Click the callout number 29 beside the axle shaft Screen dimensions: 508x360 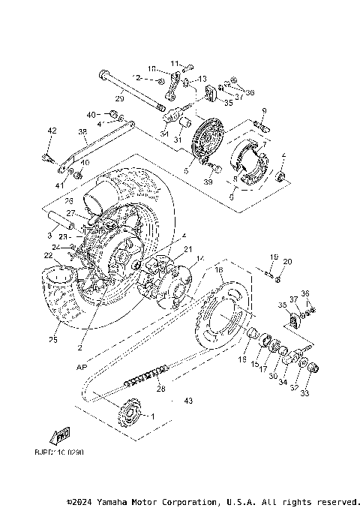[x=119, y=98]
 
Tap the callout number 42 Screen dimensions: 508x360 [x=52, y=131]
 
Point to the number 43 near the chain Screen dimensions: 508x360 [x=188, y=401]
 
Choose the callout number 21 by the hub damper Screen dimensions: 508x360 [x=187, y=250]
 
